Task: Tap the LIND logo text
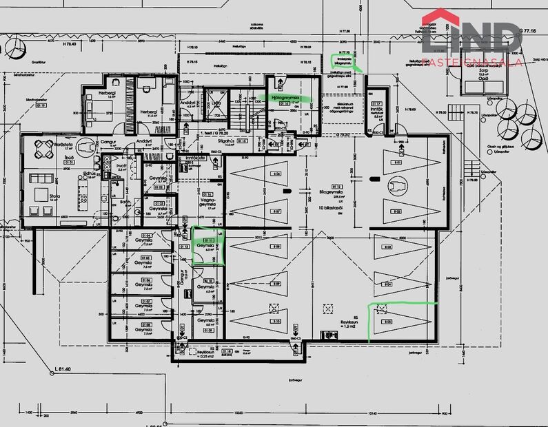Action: (476, 38)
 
